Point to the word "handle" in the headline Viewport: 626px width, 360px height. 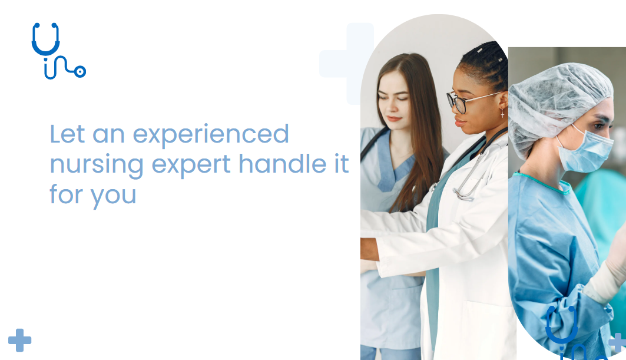pyautogui.click(x=283, y=163)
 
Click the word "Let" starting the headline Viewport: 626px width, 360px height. pyautogui.click(x=67, y=133)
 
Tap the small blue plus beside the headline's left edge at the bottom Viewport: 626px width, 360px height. pyautogui.click(x=19, y=341)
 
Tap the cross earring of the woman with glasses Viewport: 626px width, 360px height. pyautogui.click(x=502, y=114)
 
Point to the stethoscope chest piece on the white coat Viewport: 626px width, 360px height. pyautogui.click(x=462, y=194)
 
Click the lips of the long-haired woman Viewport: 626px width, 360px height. pyautogui.click(x=393, y=118)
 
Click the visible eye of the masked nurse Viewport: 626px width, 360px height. pyautogui.click(x=599, y=126)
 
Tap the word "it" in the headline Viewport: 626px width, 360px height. pyautogui.click(x=342, y=164)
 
